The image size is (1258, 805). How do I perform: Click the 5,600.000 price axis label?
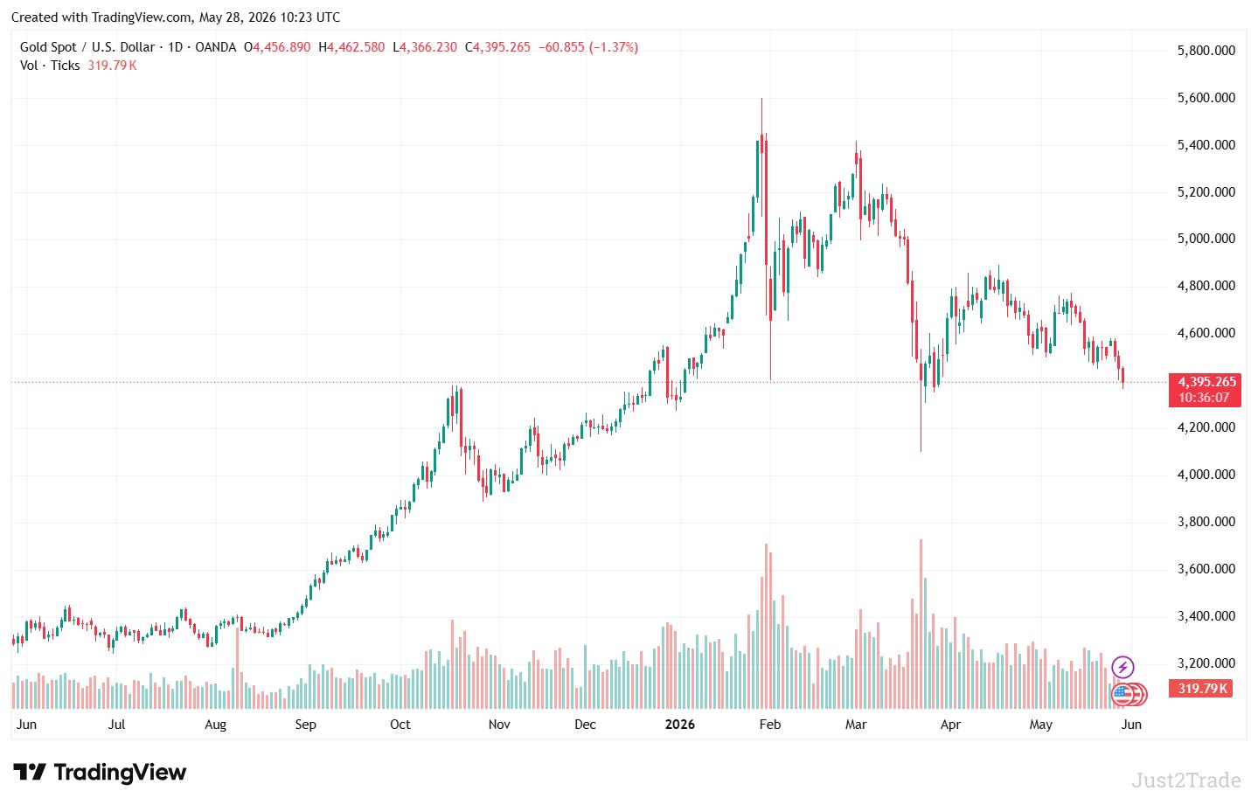point(1206,98)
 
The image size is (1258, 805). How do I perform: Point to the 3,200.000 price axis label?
point(1206,663)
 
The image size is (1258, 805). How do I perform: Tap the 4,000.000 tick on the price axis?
point(1206,475)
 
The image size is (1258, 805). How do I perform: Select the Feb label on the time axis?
point(770,725)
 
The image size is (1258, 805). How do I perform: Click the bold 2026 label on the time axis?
point(679,725)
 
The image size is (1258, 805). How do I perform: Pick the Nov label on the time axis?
point(499,725)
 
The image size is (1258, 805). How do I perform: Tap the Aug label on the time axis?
point(216,725)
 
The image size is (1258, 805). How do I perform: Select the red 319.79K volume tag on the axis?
point(1200,688)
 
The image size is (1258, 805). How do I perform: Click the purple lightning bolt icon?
point(1122,668)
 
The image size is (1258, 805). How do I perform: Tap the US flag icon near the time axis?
point(1122,695)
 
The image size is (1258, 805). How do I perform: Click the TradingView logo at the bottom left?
point(100,773)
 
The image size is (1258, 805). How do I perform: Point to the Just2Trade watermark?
point(1186,781)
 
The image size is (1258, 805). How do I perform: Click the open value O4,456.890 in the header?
point(277,47)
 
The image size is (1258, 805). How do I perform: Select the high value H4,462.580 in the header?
point(351,47)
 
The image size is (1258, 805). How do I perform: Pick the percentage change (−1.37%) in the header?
point(614,47)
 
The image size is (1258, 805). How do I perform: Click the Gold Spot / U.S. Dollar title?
point(87,47)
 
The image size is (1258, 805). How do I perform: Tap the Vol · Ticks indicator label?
point(50,66)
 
